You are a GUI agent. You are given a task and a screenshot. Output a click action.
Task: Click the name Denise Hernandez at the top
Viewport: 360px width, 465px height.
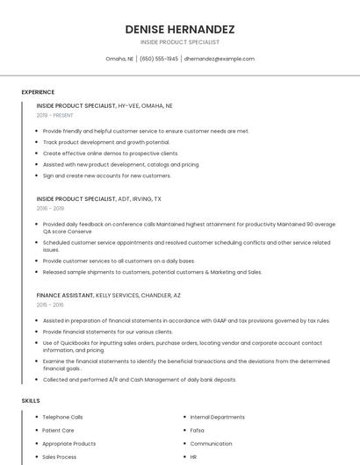180,29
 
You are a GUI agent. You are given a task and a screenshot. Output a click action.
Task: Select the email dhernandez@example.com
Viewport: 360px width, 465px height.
220,59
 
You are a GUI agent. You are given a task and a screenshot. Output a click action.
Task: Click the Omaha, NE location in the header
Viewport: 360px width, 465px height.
119,59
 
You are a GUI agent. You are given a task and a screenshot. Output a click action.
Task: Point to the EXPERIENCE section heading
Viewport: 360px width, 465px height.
38,92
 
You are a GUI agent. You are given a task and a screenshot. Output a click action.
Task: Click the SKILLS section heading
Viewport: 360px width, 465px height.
31,401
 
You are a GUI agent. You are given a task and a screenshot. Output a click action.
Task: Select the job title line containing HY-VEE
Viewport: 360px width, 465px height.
104,105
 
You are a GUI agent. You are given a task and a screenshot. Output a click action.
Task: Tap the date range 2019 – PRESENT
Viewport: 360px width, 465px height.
54,115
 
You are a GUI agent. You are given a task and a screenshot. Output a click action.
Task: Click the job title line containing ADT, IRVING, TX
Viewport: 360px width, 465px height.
98,199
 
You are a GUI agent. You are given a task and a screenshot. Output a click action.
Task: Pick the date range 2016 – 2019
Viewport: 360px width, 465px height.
50,209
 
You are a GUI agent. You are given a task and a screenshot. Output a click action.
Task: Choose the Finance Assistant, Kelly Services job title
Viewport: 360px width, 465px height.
108,296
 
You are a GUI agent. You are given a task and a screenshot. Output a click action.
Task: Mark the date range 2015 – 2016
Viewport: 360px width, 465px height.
50,305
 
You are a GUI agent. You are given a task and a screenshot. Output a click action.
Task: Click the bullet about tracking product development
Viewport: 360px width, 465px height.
106,142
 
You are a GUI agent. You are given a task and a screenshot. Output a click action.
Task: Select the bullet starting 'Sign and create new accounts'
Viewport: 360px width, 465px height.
106,175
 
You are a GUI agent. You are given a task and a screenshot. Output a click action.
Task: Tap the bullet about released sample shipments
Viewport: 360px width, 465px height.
152,272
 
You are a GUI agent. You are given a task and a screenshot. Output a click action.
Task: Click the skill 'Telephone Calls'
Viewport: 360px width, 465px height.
62,417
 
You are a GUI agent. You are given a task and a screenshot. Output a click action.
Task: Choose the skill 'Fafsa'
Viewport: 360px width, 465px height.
197,430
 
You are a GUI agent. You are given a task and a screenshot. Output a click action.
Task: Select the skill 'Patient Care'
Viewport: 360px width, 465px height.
58,430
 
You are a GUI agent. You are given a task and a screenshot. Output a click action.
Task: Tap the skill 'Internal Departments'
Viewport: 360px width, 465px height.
217,417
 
